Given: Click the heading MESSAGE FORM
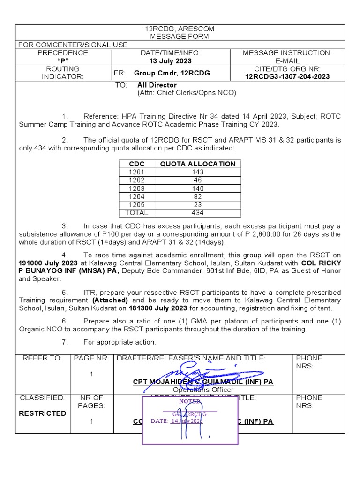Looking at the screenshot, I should point(180,37).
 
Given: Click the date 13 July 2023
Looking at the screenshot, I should point(170,61).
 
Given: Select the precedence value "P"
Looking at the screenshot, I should point(63,61).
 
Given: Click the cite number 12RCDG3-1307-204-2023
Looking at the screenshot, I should point(287,77).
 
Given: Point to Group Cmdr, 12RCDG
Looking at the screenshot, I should point(172,73).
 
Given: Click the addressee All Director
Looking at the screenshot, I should point(157,85).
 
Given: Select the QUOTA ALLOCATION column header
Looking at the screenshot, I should point(198,164).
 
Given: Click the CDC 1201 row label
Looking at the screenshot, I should point(137,172).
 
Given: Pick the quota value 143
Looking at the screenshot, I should point(198,172).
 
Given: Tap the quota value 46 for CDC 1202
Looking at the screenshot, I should point(198,180).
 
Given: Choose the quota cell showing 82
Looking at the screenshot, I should point(198,196).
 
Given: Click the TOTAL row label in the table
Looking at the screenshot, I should point(137,212).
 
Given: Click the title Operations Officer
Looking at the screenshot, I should point(203,390).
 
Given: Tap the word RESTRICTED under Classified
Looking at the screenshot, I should point(42,413).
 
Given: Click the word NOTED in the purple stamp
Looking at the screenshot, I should point(190,401).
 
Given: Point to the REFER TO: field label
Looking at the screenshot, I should point(42,358).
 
